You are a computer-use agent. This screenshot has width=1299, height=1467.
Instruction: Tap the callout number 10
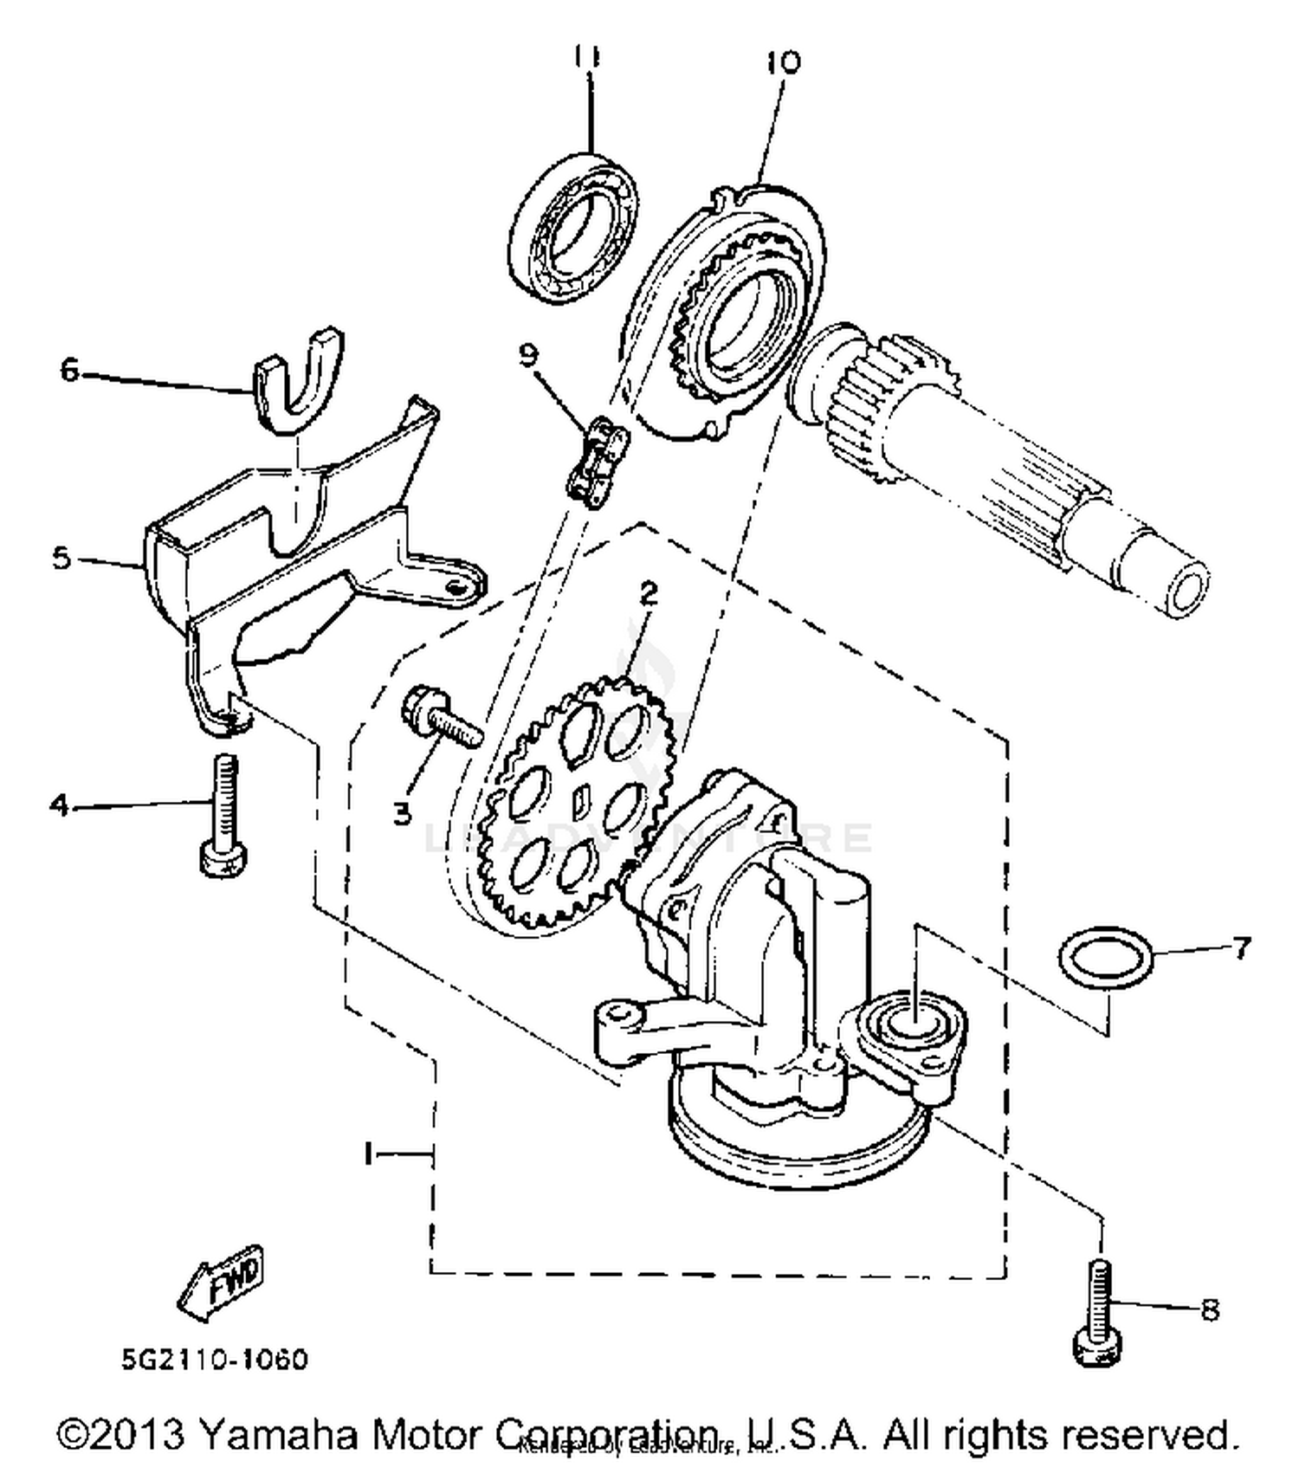pos(782,61)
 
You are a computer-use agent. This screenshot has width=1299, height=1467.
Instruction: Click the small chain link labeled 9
pos(597,462)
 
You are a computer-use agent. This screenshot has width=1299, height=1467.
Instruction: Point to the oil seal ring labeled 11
pos(572,228)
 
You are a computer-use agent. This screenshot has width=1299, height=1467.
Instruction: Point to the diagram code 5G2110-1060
pos(214,1360)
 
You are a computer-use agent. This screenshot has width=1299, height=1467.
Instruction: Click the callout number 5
pos(61,559)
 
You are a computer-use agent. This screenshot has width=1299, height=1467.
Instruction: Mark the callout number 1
pos(370,1154)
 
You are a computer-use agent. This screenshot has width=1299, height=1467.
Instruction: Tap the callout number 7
pos(1241,948)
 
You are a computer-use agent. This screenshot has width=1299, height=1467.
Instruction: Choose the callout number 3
pos(402,813)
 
